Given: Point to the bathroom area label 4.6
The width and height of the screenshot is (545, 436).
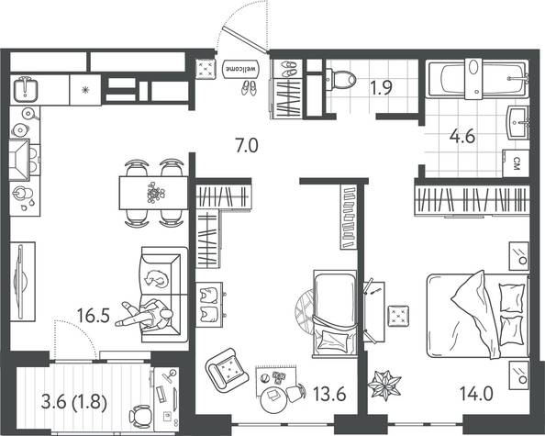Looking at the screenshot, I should (x=462, y=140).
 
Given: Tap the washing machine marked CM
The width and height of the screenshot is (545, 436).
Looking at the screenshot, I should (x=517, y=163).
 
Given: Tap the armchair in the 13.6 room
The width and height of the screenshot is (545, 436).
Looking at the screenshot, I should (x=225, y=369).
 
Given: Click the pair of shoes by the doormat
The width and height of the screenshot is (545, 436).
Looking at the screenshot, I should (x=249, y=87).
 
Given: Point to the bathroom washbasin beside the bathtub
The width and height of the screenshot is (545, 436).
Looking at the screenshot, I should (x=518, y=118).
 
